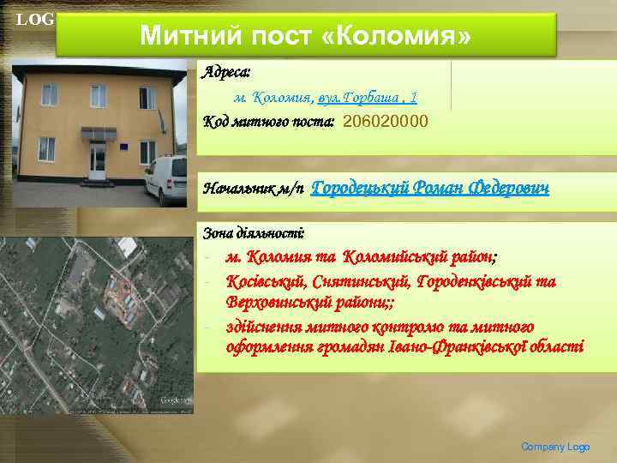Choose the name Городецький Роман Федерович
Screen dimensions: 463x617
(x=429, y=187)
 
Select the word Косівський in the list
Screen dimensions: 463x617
(x=266, y=280)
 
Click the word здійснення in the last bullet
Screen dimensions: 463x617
(x=268, y=326)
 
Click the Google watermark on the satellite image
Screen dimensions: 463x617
(x=175, y=400)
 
